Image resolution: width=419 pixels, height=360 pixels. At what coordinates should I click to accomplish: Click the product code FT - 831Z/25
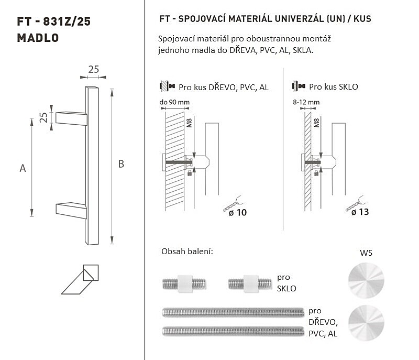(x=54, y=21)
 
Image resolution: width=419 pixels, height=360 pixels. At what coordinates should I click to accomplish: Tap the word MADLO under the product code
(x=38, y=38)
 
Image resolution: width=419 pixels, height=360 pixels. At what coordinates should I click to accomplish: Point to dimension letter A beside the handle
(x=23, y=168)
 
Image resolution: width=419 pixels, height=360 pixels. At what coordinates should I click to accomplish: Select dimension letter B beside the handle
(x=121, y=164)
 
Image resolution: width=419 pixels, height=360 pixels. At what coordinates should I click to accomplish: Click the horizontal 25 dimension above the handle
(x=94, y=70)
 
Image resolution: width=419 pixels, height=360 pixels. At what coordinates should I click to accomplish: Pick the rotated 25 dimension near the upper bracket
(x=43, y=117)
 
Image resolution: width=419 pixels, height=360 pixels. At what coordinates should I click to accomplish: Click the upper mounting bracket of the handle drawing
(x=71, y=118)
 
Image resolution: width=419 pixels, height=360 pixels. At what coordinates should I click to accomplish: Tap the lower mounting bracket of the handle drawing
(x=71, y=210)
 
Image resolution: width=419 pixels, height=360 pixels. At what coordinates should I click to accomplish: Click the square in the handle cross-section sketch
(x=91, y=272)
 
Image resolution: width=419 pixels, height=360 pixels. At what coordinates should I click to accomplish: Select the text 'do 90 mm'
(x=174, y=102)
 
